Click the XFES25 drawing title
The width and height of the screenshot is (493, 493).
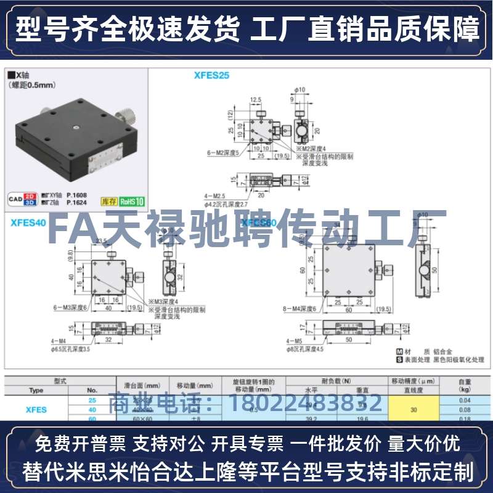tap(211, 76)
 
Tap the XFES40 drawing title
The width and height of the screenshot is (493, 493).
tap(28, 223)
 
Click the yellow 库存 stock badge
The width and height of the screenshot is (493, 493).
tap(108, 201)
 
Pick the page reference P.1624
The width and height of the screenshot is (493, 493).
tap(78, 202)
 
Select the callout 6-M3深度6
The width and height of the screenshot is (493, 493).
tap(70, 306)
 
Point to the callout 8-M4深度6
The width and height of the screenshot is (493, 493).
tap(300, 309)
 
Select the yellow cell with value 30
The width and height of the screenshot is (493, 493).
tap(413, 409)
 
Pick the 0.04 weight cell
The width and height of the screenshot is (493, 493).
tap(465, 400)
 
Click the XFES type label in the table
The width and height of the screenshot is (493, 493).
tap(36, 409)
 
